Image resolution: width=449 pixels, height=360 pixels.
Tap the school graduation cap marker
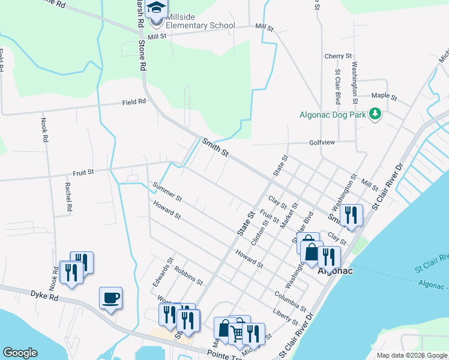coord(157,10)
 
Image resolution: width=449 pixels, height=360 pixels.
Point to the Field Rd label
coord(134,102)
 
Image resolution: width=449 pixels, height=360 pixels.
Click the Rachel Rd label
coord(69,197)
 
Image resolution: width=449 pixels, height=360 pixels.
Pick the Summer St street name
coord(167,190)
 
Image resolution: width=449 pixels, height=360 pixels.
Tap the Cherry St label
coord(338,56)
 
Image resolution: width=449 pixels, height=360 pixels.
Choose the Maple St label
coord(385,95)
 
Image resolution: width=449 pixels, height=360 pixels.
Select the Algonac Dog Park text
coord(333,114)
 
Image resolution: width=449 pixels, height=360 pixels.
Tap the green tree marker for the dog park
coord(376,113)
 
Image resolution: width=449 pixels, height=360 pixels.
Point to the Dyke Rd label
coord(44,294)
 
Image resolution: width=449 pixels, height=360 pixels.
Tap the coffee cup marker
coord(111,298)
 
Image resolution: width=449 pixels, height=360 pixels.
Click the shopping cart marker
coord(238,331)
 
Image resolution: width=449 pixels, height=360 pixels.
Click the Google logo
coord(20,353)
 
